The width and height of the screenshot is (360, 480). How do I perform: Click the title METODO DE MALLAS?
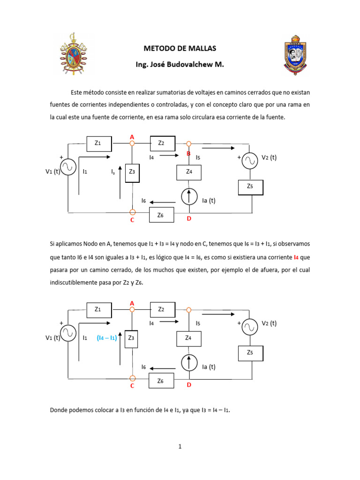pos(180,48)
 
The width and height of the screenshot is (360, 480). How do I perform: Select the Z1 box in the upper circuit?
pos(98,143)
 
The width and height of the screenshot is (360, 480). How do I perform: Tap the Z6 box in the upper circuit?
pos(162,215)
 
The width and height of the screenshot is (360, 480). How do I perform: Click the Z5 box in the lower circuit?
pos(251,352)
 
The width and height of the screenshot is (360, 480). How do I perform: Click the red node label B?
pos(188,153)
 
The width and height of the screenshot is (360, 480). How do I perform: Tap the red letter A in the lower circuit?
pos(132,303)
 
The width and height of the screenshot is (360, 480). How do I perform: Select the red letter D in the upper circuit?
pos(189,218)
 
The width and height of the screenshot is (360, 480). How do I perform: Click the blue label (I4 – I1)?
pos(106,337)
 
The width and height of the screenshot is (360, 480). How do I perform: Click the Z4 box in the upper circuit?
pos(189,172)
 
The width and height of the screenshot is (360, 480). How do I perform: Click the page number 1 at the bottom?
pos(180,447)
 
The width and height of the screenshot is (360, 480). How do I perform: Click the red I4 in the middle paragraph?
pos(296,257)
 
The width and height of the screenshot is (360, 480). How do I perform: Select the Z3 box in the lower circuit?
pos(132,338)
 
